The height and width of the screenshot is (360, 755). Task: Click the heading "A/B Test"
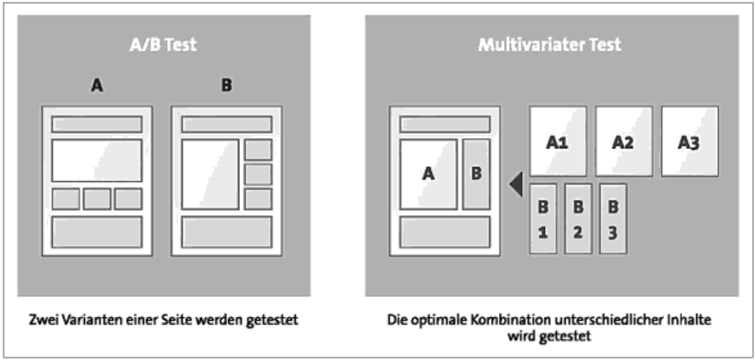(164, 45)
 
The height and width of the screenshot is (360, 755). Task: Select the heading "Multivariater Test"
(550, 45)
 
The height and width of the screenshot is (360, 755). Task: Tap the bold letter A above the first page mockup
(97, 86)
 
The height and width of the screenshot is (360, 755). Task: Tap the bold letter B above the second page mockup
(226, 86)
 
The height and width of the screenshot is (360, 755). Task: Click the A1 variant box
(558, 141)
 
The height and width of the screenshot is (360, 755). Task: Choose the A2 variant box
(624, 141)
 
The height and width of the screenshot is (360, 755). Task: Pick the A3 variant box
(690, 141)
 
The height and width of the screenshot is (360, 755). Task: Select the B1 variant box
(543, 219)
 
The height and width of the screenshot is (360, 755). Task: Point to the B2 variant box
(578, 219)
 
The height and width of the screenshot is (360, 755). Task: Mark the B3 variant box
(613, 219)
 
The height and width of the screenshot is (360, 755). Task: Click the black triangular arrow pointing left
(516, 184)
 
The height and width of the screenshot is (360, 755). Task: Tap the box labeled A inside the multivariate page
(428, 174)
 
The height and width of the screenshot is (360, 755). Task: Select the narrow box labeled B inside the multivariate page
(476, 174)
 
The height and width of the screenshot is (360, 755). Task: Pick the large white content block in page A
(97, 160)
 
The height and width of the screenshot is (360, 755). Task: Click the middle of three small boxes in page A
(97, 199)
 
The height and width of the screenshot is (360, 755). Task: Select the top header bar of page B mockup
(227, 123)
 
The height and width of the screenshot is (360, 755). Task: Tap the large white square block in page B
(210, 174)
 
